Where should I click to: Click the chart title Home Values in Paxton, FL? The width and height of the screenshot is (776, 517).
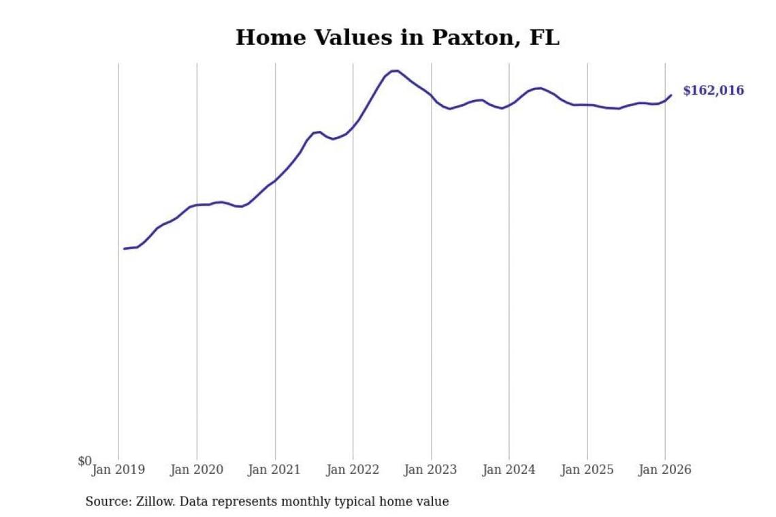coord(398,37)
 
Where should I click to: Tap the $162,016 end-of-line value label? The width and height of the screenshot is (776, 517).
coord(713,91)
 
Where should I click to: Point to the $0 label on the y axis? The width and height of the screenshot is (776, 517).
coord(84,461)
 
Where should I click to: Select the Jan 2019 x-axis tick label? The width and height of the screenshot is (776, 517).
coord(118,470)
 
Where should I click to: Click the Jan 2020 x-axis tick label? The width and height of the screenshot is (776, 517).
coord(197,470)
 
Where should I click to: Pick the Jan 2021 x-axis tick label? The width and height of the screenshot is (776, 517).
coord(275,470)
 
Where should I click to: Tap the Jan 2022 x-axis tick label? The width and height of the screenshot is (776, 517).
coord(353,470)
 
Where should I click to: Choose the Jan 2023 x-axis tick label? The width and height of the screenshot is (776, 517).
coord(431,470)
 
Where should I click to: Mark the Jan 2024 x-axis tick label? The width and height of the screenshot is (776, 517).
coord(509,470)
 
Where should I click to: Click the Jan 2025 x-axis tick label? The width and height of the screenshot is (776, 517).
coord(587,470)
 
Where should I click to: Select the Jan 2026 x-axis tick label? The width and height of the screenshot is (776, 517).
coord(665,470)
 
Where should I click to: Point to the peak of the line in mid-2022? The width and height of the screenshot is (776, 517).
coord(395,70)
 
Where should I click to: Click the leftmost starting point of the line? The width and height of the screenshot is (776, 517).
coord(125,249)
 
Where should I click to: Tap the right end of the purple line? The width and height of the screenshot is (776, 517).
coord(671,95)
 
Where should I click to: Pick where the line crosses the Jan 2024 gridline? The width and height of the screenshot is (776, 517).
coord(509,106)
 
